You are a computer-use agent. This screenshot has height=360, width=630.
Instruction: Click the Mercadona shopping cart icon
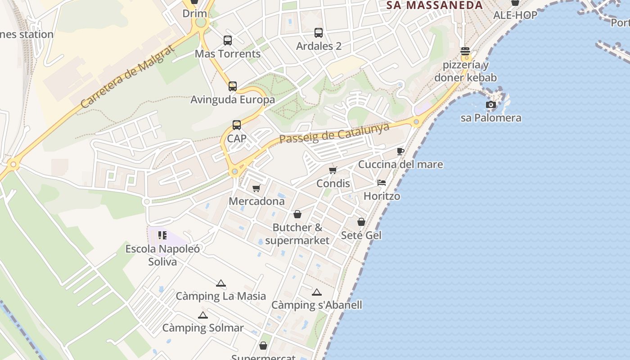pos(256,188)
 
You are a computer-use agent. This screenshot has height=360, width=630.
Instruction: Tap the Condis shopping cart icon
pos(333,170)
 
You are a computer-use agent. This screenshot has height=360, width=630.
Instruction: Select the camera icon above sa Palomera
pos(491,105)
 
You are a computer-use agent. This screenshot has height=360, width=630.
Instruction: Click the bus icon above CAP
pos(237,125)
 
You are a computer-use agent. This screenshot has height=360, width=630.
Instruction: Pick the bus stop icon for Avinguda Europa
pos(233,86)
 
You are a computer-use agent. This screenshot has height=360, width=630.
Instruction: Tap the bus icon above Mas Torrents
pos(228,40)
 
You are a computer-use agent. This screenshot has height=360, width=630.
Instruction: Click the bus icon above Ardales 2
pos(319,33)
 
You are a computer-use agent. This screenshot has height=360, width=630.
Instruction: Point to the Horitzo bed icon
pos(382,183)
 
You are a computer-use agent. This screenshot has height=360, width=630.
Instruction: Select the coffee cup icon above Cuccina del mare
pos(400,151)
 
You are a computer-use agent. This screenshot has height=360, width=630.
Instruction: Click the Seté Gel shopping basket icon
pos(361,222)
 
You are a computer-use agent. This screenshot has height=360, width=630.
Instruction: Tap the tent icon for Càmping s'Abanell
pos(317,292)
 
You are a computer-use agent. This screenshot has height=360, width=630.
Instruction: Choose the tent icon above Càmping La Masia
pos(220,283)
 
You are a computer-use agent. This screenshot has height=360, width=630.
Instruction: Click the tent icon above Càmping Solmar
pos(203,315)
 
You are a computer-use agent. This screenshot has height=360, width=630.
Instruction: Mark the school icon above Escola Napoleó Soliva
pos(162,235)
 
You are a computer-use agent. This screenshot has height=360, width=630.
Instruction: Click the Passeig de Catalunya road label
pos(334,133)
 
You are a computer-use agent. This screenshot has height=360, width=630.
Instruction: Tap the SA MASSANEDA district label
pos(435,5)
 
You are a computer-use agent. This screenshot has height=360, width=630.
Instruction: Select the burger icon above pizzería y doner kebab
pos(465,51)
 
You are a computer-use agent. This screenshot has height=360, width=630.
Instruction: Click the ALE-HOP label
pos(515,15)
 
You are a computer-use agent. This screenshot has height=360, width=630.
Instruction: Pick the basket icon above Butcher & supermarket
pos(297,214)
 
